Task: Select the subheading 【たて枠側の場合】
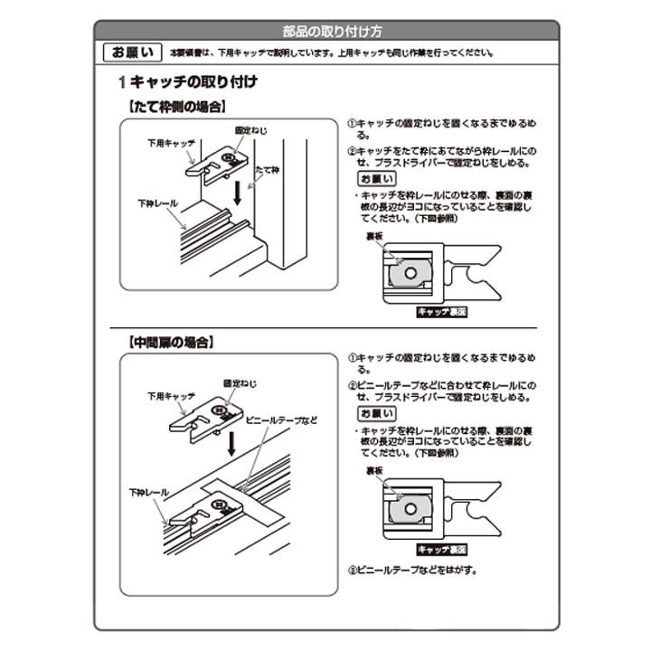(x=175, y=107)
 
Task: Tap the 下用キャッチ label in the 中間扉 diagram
(x=172, y=396)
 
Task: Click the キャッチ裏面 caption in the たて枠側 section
(x=442, y=311)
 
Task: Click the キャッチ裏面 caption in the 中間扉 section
(x=442, y=549)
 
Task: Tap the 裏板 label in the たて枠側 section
(x=374, y=237)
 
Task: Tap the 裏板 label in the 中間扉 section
(x=374, y=471)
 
